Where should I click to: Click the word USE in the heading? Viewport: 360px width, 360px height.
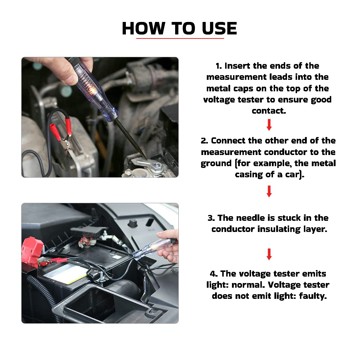coord(219,28)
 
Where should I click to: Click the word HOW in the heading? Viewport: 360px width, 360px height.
coord(143,28)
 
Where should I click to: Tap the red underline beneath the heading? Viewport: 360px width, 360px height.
coord(180,38)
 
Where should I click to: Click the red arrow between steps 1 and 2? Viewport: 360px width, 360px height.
coord(269,125)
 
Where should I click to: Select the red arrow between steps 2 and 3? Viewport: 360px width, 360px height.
coord(269,191)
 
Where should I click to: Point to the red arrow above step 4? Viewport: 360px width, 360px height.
coord(269,254)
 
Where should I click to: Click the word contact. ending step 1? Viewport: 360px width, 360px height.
coord(269,111)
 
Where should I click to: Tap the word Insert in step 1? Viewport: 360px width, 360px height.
coord(237,66)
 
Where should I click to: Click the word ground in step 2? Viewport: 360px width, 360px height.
coord(216,164)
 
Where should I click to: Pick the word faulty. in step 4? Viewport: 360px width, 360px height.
coord(313,296)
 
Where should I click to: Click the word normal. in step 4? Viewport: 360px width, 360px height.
coord(248,285)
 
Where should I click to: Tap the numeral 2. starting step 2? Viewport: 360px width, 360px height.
coord(204,141)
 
